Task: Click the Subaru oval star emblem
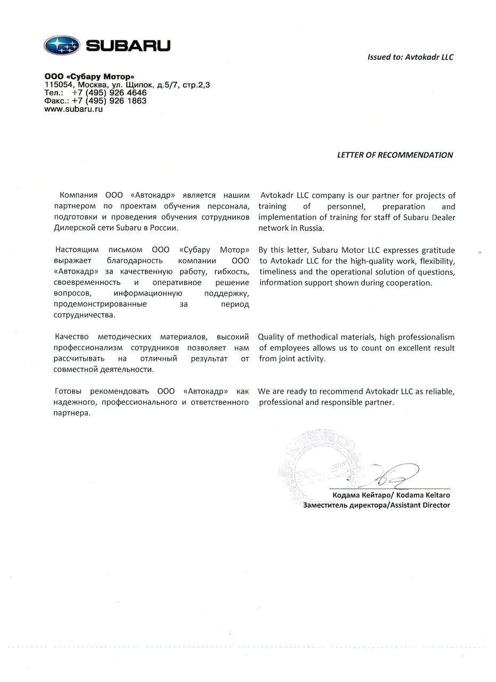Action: coord(62,46)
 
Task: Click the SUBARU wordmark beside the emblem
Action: coord(128,46)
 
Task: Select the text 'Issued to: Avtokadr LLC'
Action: coord(410,57)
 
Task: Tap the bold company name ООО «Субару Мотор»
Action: coord(90,77)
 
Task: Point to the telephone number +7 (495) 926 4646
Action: coord(109,93)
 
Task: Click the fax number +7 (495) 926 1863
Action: coord(109,101)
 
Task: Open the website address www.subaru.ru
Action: coord(74,109)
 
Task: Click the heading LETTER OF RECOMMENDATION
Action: coord(395,155)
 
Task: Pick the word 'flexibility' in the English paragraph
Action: coord(434,261)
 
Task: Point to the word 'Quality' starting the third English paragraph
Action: coord(272,337)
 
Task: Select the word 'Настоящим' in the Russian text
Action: coord(74,250)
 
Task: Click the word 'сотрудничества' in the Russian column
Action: coord(84,315)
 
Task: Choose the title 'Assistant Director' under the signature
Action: coord(420,505)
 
